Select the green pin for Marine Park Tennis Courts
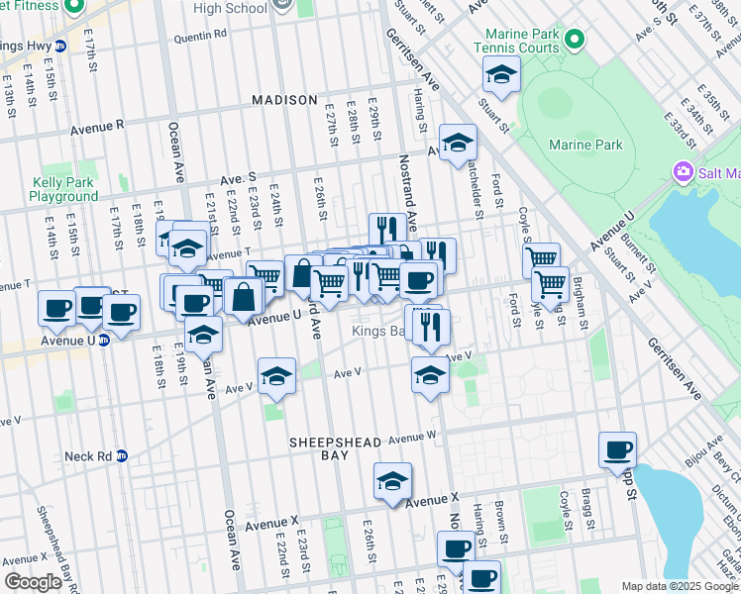[574, 40]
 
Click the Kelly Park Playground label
[63, 189]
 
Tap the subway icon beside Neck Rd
[122, 456]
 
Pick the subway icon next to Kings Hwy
[59, 46]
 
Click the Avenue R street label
[97, 127]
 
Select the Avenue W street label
[411, 437]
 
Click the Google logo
[34, 582]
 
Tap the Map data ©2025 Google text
[680, 586]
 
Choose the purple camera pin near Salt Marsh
[683, 173]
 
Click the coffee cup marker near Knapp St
[617, 450]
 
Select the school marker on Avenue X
[392, 481]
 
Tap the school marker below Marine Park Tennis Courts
[501, 74]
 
